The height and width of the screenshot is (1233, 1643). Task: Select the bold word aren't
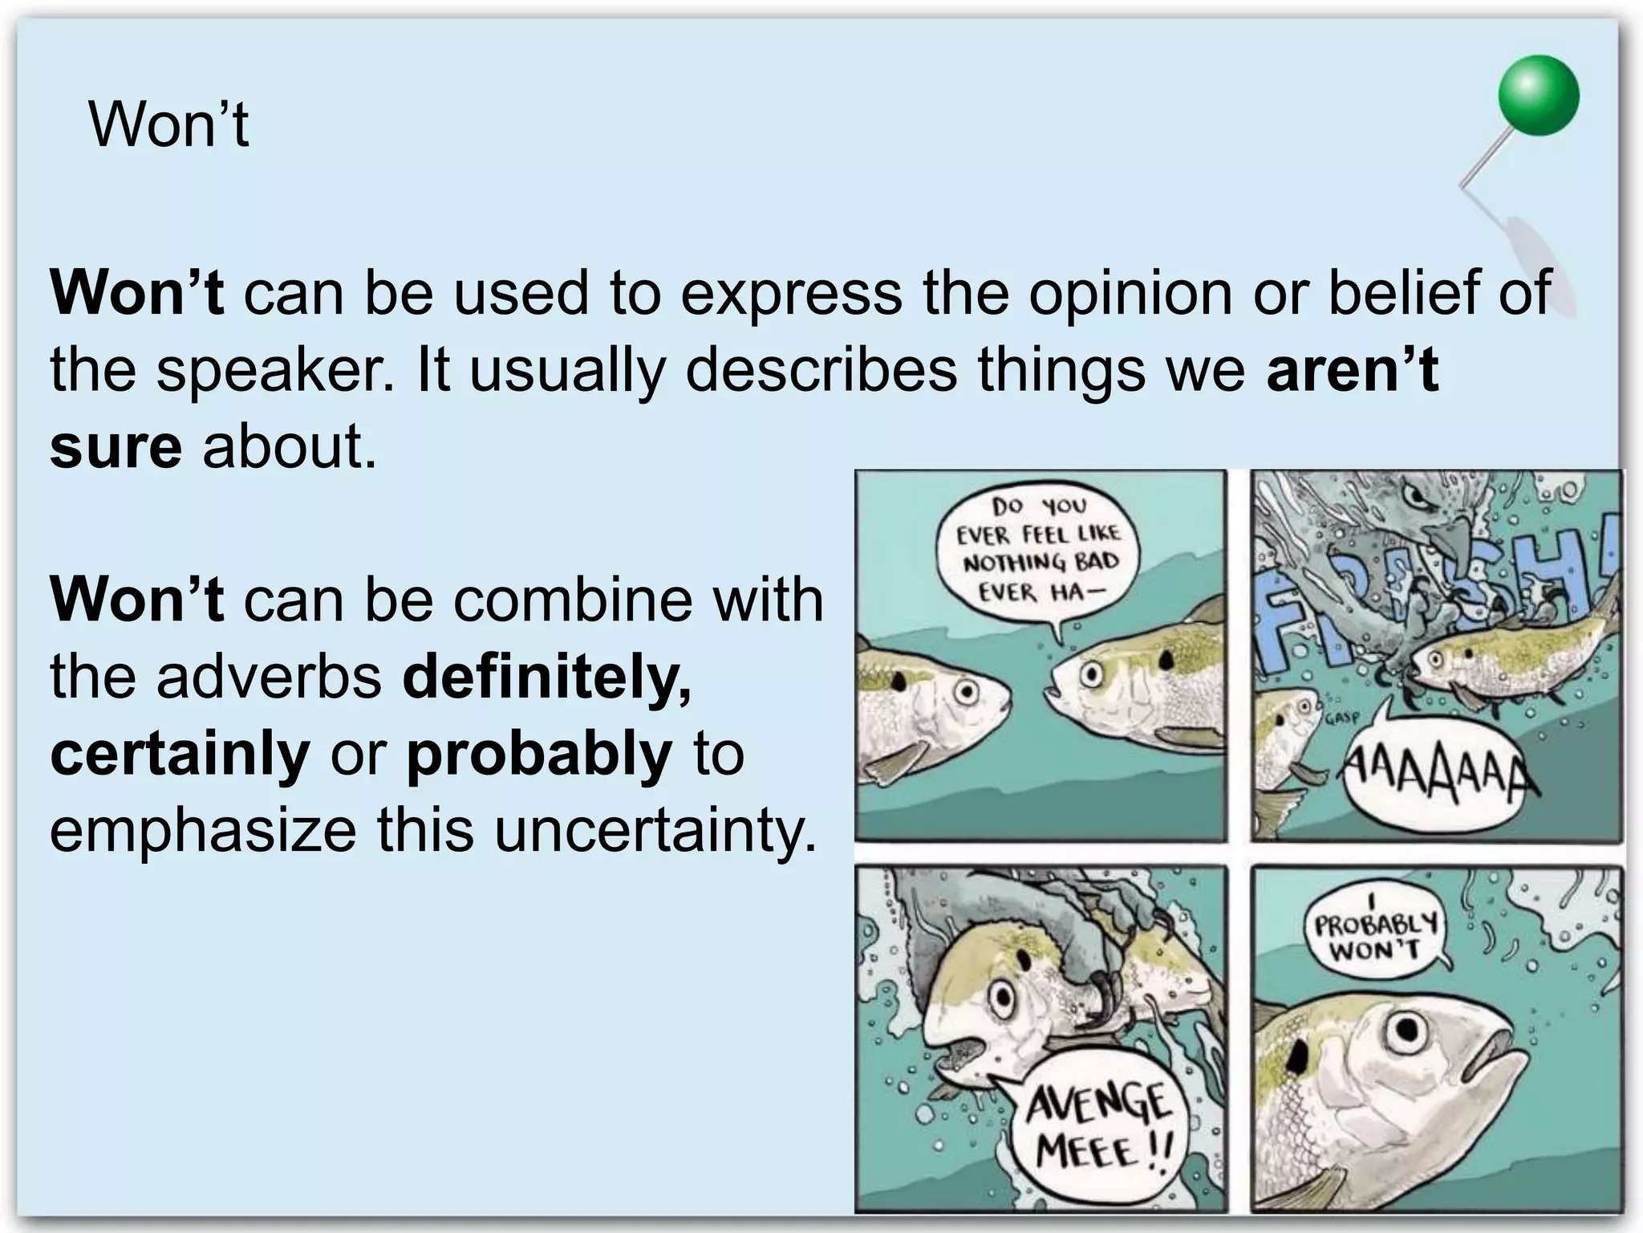click(1352, 370)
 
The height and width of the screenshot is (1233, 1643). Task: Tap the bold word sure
click(116, 446)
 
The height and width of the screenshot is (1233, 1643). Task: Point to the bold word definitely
click(546, 678)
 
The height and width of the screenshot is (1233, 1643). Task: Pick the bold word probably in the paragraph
click(539, 755)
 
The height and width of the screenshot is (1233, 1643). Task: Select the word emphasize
click(203, 832)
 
